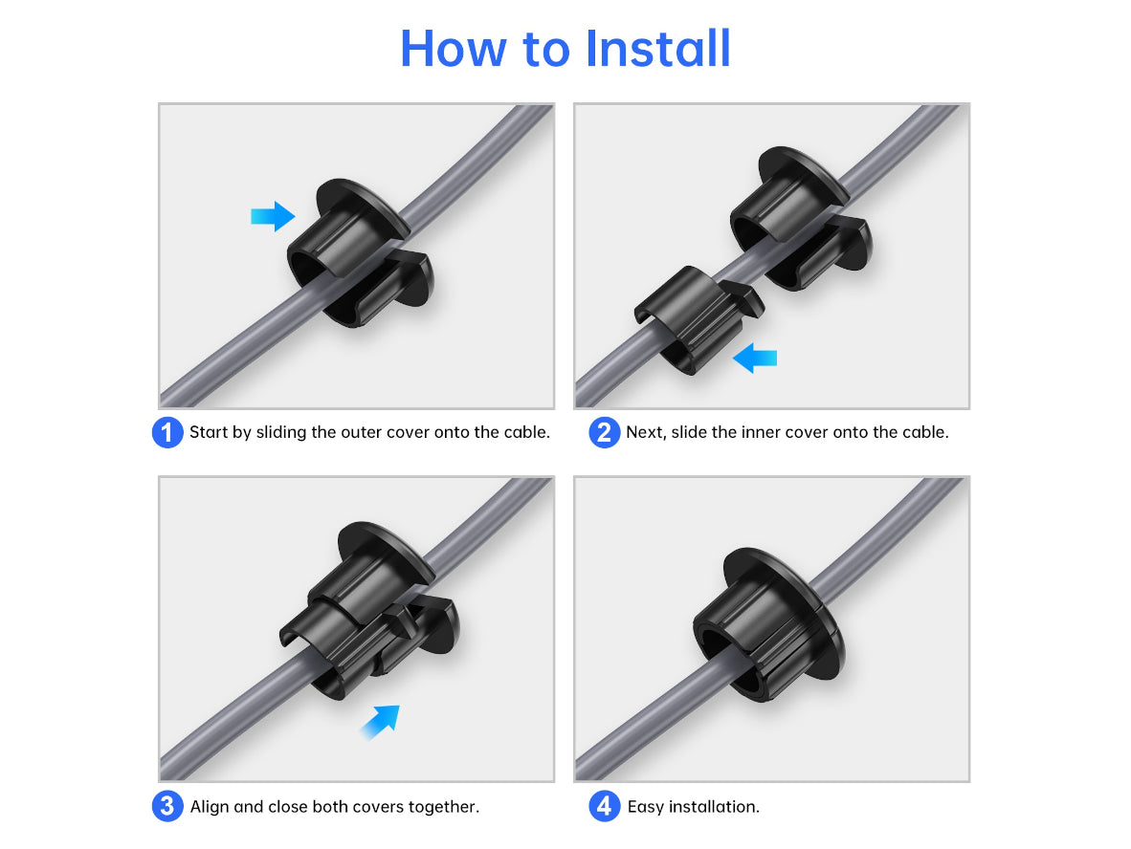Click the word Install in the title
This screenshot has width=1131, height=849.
click(x=659, y=48)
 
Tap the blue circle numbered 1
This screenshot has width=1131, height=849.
click(x=167, y=432)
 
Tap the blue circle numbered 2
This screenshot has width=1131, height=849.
click(x=604, y=432)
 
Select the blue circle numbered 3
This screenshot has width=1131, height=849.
click(x=167, y=807)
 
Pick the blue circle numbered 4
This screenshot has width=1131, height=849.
click(x=604, y=807)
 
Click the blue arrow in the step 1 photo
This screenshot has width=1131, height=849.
click(x=273, y=216)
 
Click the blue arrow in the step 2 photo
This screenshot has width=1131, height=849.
click(x=755, y=359)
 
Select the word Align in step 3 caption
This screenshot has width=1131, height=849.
click(x=210, y=807)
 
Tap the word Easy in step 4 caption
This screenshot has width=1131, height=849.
click(x=645, y=807)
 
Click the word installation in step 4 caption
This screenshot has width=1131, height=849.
click(x=714, y=807)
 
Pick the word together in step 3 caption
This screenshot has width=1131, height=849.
click(x=443, y=807)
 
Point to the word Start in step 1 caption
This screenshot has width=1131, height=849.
click(x=208, y=432)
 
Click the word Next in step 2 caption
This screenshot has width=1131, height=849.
click(x=645, y=432)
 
